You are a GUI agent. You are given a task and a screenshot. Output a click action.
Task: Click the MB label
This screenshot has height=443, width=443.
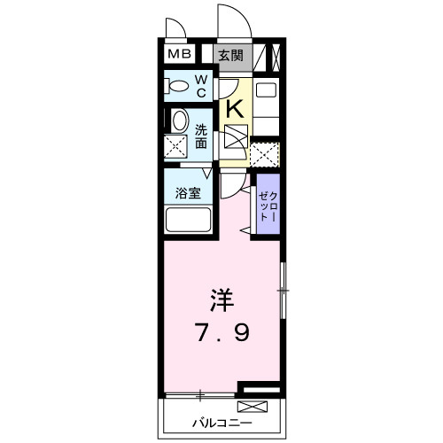pyautogui.click(x=180, y=55)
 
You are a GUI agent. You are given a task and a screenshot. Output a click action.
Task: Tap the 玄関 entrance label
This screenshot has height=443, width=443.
pyautogui.click(x=231, y=55)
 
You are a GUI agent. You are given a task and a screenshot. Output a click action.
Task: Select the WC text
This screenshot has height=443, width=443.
pyautogui.click(x=200, y=86)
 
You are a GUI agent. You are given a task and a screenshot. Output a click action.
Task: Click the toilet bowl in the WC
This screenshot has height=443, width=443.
pyautogui.click(x=178, y=86)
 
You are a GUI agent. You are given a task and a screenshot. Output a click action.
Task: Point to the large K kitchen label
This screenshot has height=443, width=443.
pyautogui.click(x=235, y=108)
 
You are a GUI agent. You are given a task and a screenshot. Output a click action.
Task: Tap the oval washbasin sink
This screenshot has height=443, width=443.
pyautogui.click(x=178, y=121)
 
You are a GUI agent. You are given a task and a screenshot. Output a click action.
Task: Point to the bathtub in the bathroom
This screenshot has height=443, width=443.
pyautogui.click(x=186, y=219)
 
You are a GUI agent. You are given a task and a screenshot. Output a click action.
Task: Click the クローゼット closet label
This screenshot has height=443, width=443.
pyautogui.click(x=268, y=206)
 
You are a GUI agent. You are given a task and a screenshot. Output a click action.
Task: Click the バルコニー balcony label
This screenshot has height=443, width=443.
pyautogui.click(x=218, y=423)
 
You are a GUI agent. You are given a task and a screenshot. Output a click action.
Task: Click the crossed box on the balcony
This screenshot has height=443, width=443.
pyautogui.click(x=253, y=408)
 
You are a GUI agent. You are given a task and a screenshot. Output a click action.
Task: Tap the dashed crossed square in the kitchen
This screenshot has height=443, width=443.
pyautogui.click(x=264, y=153)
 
